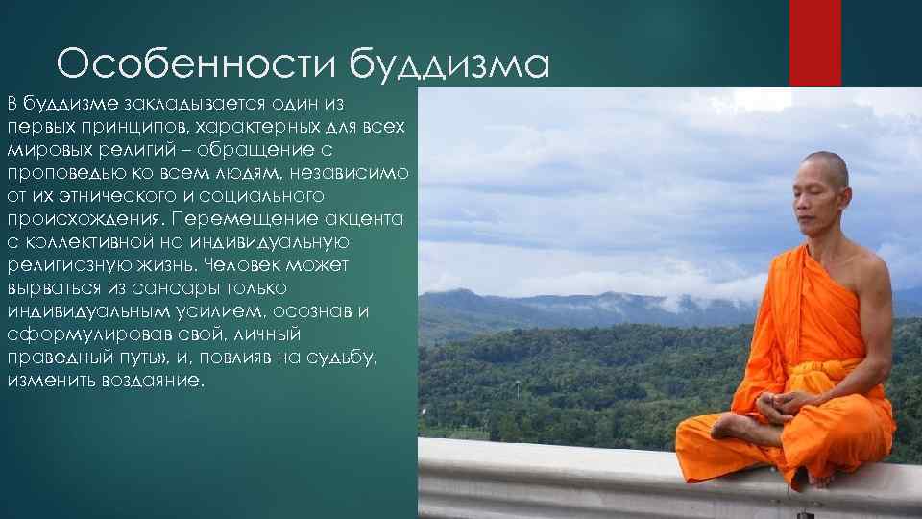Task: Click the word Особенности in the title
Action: pos(197,65)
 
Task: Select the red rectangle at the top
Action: pos(814,43)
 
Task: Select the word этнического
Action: pos(132,195)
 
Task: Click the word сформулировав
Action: pos(79,334)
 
